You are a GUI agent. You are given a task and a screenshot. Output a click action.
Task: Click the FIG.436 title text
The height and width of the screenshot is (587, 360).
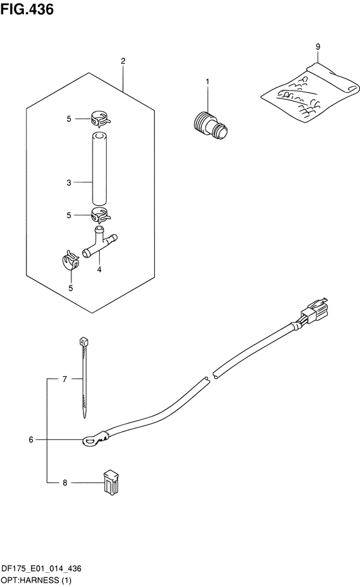[x=27, y=10]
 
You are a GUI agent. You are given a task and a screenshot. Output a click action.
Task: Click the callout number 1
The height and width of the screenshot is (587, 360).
[x=207, y=82]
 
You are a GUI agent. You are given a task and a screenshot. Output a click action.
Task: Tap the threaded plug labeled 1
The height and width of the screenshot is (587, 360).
[x=211, y=125]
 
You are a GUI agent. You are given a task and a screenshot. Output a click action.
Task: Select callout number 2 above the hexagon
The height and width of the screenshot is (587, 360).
[x=123, y=60]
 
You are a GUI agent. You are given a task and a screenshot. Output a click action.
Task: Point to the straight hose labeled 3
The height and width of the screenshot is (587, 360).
[x=99, y=168]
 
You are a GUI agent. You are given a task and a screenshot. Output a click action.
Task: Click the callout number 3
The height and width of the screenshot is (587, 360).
[x=69, y=183]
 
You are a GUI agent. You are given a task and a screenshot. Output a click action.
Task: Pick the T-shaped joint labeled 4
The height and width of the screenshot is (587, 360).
[x=100, y=242]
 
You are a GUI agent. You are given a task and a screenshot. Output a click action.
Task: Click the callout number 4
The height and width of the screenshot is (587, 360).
[x=99, y=269]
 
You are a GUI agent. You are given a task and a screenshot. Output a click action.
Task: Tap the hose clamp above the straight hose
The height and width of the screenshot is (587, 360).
[x=100, y=119]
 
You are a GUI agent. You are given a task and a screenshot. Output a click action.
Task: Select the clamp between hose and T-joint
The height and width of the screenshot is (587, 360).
[x=100, y=215]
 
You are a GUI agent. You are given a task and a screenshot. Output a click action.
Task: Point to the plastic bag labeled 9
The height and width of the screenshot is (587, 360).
[x=310, y=93]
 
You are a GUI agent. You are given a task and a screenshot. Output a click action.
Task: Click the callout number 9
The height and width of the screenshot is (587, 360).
[x=318, y=47]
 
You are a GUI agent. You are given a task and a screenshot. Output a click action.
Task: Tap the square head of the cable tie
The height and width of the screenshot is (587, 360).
[x=84, y=341]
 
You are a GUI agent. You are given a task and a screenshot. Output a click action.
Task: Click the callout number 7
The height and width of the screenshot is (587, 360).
[x=65, y=379]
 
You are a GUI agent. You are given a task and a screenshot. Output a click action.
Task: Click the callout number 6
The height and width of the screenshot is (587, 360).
[x=31, y=440]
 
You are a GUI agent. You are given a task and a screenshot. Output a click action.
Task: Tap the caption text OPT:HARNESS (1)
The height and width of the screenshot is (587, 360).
[x=36, y=581]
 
